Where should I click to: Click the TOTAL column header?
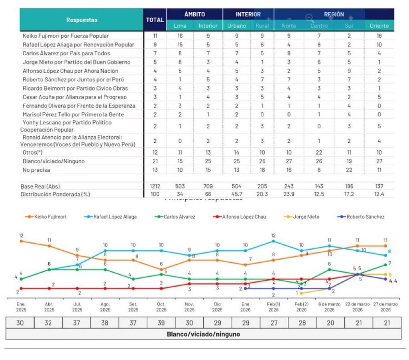coord(155,20)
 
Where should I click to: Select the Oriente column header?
coord(379,26)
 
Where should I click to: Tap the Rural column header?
coord(262,26)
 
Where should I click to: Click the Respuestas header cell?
coord(82,20)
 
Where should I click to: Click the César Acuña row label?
coord(75,97)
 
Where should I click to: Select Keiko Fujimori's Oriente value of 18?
coord(379,36)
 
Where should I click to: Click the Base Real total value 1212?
coord(155,186)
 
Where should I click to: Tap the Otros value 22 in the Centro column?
coord(319,153)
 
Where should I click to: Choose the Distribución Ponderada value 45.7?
coord(236,194)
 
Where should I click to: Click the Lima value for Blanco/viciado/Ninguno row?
coord(180,162)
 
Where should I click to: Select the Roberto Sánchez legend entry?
coord(364,217)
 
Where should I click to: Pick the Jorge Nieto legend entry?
coord(305,217)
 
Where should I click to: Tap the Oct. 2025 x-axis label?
coord(161,307)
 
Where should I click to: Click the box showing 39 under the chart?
coord(161,323)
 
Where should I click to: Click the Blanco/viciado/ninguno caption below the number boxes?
coord(203,334)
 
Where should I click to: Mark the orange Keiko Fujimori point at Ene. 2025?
coord(21,241)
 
